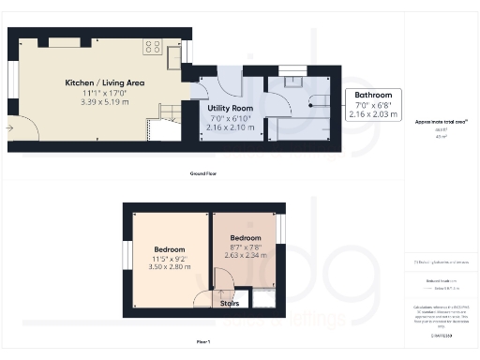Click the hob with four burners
click(152, 47)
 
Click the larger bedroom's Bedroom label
click(169, 249)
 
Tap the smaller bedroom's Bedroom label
click(247, 238)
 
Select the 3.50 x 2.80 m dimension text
click(169, 268)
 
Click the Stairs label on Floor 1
click(230, 303)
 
